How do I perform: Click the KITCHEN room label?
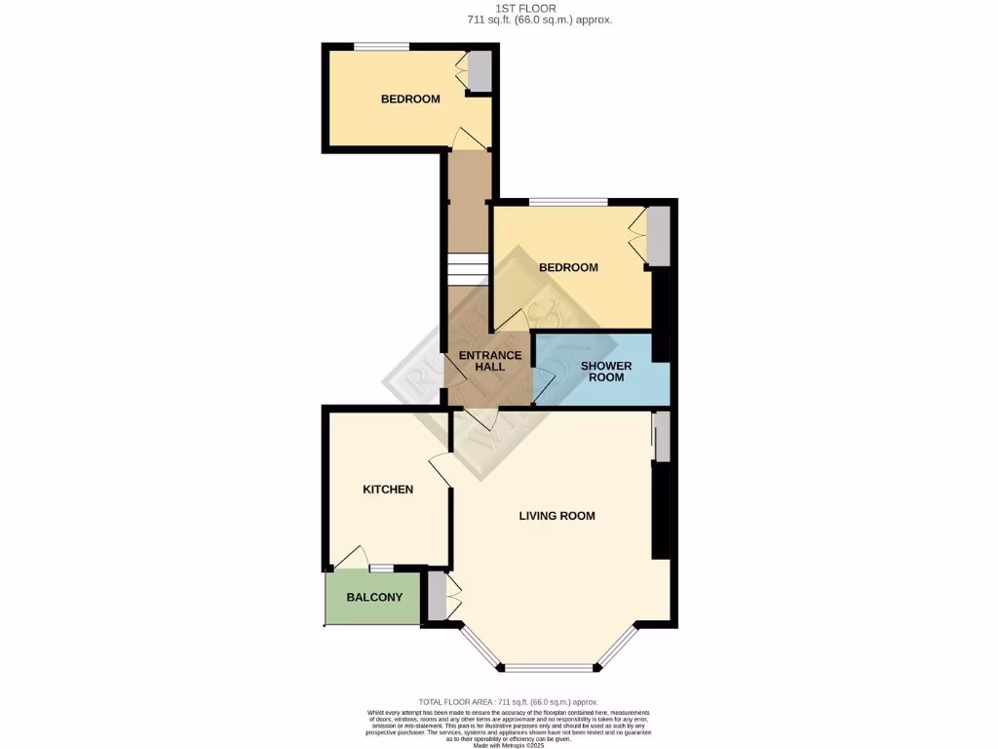[x=388, y=490]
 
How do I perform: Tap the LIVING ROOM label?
[x=557, y=516]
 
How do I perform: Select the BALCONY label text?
[x=374, y=597]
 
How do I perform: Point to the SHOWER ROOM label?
[x=606, y=372]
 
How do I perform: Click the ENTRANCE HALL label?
[x=490, y=361]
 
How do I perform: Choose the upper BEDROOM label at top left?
[x=409, y=99]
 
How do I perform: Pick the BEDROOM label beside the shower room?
[x=568, y=267]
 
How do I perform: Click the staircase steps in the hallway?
[x=467, y=269]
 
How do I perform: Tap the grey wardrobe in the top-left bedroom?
[x=480, y=70]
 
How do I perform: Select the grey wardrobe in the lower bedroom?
[x=660, y=237]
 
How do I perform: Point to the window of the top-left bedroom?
[x=380, y=46]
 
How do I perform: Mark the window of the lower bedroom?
[x=568, y=202]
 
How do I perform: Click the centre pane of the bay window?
[x=549, y=668]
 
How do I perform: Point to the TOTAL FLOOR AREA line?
[x=508, y=701]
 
